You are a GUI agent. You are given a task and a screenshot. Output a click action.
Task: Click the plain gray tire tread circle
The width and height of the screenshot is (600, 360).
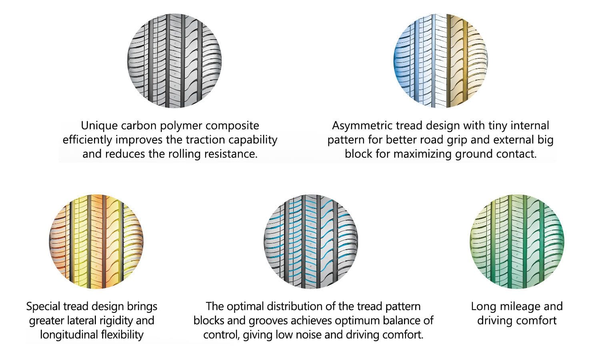[x=174, y=61]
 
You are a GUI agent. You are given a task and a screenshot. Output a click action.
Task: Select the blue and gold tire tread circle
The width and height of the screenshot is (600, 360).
[x=441, y=61]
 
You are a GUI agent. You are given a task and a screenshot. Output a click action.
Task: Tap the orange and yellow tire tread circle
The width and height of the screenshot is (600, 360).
[x=96, y=242]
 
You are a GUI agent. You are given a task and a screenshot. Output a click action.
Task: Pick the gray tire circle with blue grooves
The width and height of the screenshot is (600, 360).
[x=311, y=242]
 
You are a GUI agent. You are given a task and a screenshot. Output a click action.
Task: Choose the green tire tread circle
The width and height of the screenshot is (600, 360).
[x=517, y=242]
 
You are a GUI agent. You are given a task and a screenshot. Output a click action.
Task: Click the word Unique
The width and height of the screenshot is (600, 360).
[x=99, y=126]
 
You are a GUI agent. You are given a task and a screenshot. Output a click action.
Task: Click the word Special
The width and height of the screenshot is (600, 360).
[x=43, y=307]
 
